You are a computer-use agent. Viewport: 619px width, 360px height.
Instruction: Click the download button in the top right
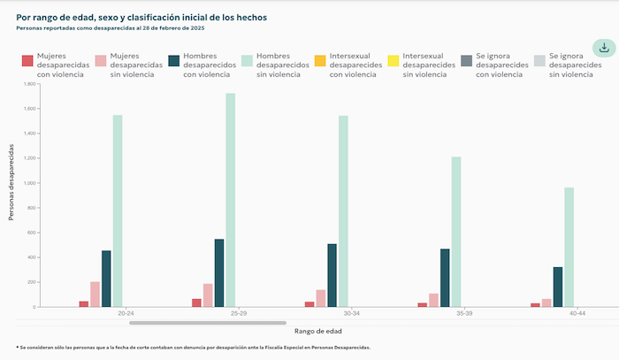[604, 48]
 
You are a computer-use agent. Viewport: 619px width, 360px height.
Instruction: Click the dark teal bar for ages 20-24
[106, 279]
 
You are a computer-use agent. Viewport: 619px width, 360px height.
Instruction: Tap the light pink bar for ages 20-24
[95, 295]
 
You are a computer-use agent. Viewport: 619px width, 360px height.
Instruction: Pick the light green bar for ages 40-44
[569, 247]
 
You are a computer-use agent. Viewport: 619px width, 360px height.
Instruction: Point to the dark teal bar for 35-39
[445, 278]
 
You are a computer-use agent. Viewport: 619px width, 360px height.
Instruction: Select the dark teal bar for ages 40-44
[558, 287]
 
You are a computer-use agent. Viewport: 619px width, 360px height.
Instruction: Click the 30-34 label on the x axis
[351, 313]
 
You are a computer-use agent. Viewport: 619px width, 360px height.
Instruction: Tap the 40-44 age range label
[577, 313]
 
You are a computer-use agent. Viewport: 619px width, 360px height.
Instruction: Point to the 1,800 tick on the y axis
[29, 84]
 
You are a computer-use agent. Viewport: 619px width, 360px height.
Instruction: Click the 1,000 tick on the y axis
[29, 183]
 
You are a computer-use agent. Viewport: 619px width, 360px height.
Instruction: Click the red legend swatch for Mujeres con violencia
[27, 60]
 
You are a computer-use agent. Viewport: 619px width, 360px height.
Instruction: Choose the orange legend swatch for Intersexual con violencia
[320, 60]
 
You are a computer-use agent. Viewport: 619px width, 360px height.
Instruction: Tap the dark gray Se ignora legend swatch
[466, 60]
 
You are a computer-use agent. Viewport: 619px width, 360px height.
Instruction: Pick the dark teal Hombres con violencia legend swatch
[173, 60]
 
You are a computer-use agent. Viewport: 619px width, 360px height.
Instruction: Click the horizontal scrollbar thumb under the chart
[208, 323]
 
